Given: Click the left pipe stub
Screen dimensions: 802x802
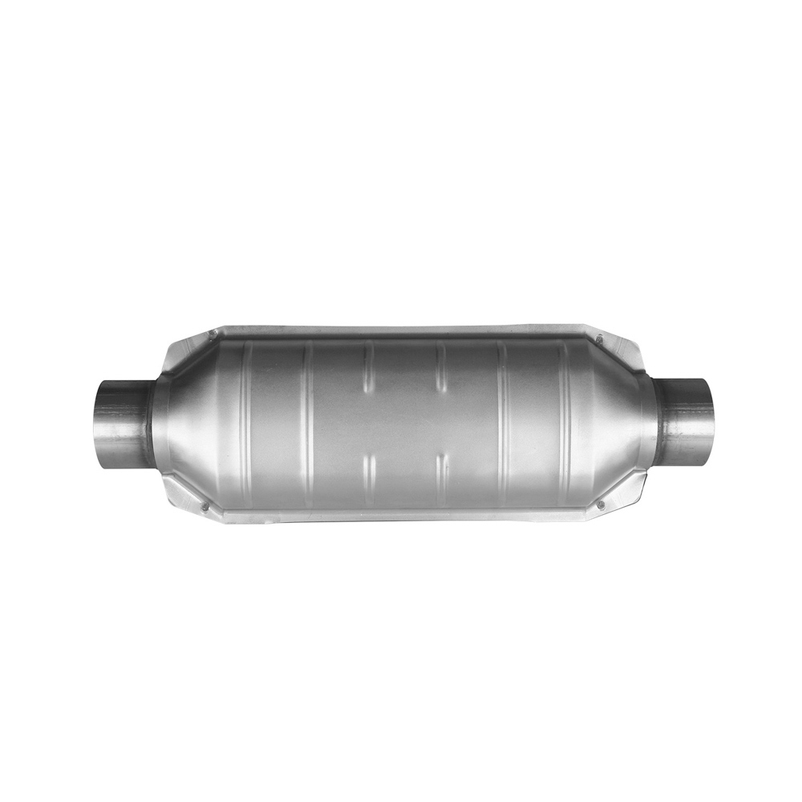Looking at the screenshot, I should point(120,421).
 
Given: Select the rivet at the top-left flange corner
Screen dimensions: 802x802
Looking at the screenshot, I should point(211,334).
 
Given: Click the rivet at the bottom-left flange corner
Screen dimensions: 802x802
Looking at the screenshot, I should point(206,507).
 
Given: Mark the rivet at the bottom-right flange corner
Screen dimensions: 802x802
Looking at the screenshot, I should point(600,504).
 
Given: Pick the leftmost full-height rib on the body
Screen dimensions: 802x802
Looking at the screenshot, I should point(246,421).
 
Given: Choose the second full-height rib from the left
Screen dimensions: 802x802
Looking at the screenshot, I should point(308,421).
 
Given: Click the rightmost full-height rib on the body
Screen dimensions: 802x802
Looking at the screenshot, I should point(564,421).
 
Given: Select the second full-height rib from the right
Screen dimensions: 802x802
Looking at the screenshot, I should point(503,421).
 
